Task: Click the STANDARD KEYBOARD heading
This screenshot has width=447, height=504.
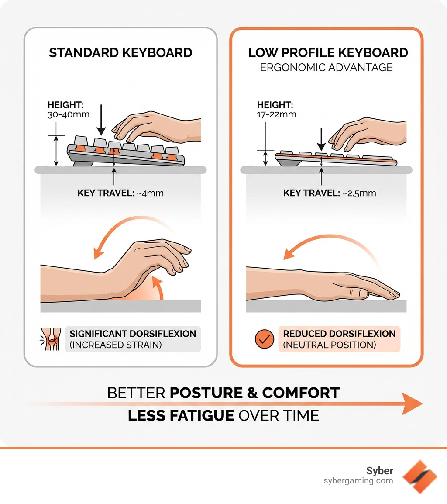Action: (x=120, y=53)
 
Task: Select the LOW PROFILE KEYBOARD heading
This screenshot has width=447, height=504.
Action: (x=328, y=53)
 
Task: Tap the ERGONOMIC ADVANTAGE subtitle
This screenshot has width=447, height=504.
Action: (x=326, y=67)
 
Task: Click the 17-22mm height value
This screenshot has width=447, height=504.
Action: (x=276, y=115)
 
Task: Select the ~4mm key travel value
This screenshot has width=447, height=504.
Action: (x=150, y=193)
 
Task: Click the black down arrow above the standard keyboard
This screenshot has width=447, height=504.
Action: (x=101, y=119)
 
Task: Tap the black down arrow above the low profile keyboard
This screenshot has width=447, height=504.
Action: (x=321, y=139)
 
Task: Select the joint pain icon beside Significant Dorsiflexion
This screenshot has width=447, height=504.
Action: (x=48, y=339)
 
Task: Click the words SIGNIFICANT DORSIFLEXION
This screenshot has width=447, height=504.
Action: (x=133, y=334)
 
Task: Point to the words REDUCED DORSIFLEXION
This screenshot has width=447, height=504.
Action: (x=339, y=334)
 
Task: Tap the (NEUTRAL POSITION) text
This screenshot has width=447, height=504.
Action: (x=330, y=345)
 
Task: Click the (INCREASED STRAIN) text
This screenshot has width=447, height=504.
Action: (x=116, y=345)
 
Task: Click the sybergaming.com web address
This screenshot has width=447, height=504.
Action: (x=358, y=481)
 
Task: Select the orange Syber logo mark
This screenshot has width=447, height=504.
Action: (x=419, y=476)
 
